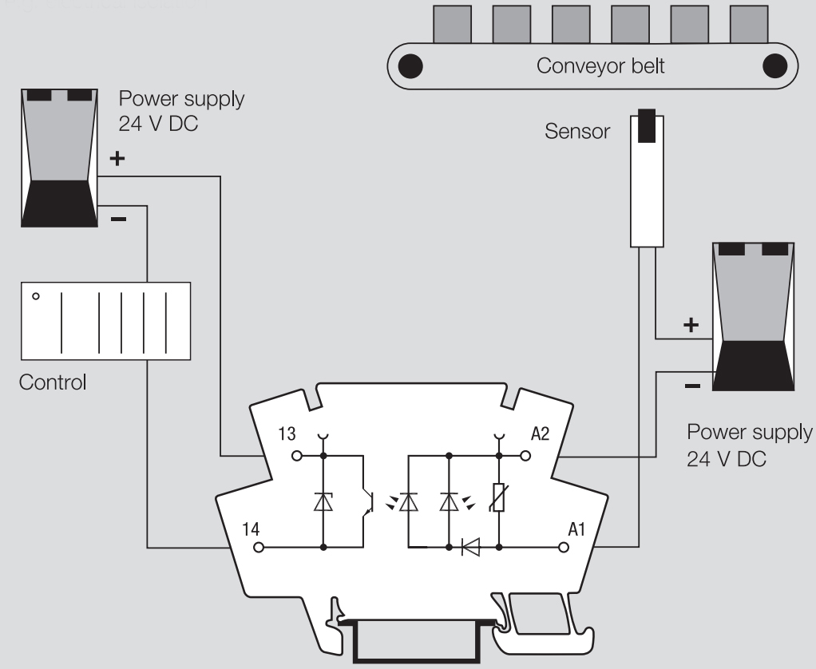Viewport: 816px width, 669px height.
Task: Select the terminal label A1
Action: (576, 528)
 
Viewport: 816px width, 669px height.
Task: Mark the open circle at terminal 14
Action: (258, 548)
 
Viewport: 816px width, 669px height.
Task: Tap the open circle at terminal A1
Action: (564, 548)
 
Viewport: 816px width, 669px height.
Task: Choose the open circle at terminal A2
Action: (525, 456)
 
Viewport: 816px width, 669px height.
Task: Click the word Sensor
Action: (577, 131)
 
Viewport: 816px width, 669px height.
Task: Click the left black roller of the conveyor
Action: (410, 65)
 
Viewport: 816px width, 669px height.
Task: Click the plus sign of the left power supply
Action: (117, 159)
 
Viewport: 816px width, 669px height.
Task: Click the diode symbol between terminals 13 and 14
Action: (323, 501)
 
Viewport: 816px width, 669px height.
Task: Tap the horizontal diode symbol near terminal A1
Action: (470, 548)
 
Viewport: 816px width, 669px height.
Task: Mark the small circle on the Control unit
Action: (36, 296)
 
